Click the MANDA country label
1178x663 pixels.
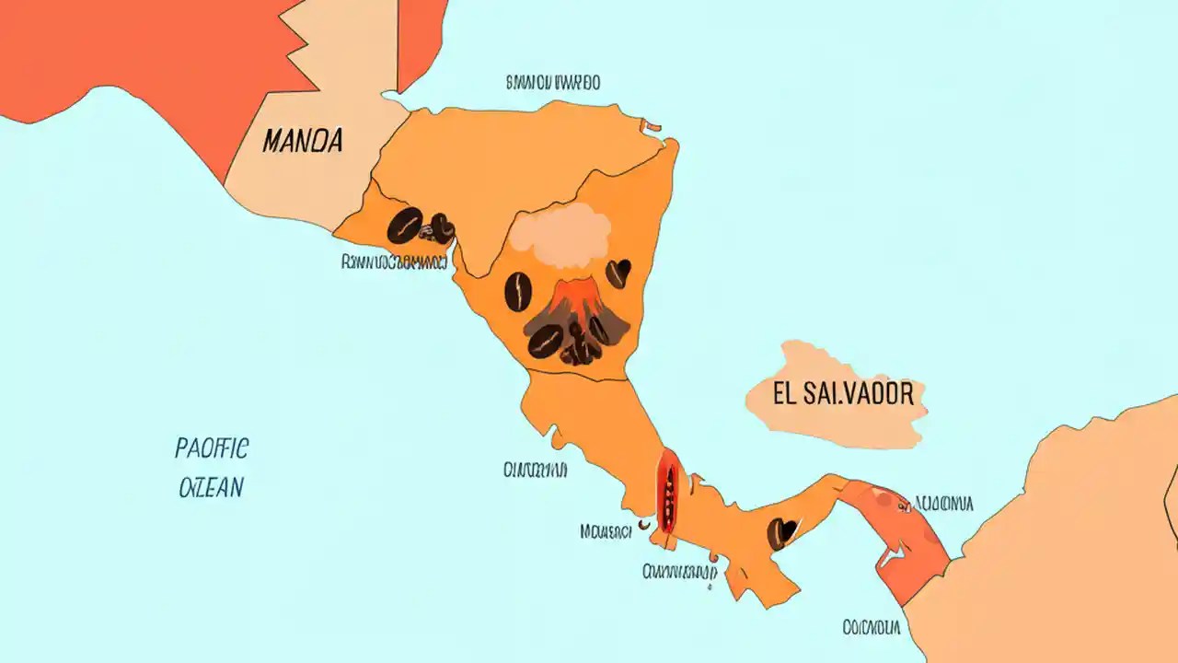[x=302, y=141]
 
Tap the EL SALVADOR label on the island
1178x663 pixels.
[x=842, y=395]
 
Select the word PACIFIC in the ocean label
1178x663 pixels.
[x=211, y=449]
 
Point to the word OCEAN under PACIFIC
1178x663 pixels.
[x=211, y=487]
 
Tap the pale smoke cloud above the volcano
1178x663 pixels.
[x=560, y=230]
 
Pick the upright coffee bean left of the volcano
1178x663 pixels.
[x=518, y=292]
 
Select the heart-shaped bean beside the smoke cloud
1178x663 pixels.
[x=618, y=273]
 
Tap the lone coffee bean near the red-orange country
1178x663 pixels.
[x=782, y=532]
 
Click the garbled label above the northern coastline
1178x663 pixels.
[x=552, y=83]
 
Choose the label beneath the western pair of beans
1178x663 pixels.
[x=393, y=262]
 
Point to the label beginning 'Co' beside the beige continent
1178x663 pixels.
[x=870, y=628]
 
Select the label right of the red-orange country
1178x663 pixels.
[x=942, y=504]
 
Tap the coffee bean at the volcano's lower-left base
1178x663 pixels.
[x=545, y=341]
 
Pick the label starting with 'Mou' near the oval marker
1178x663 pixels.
[x=606, y=531]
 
